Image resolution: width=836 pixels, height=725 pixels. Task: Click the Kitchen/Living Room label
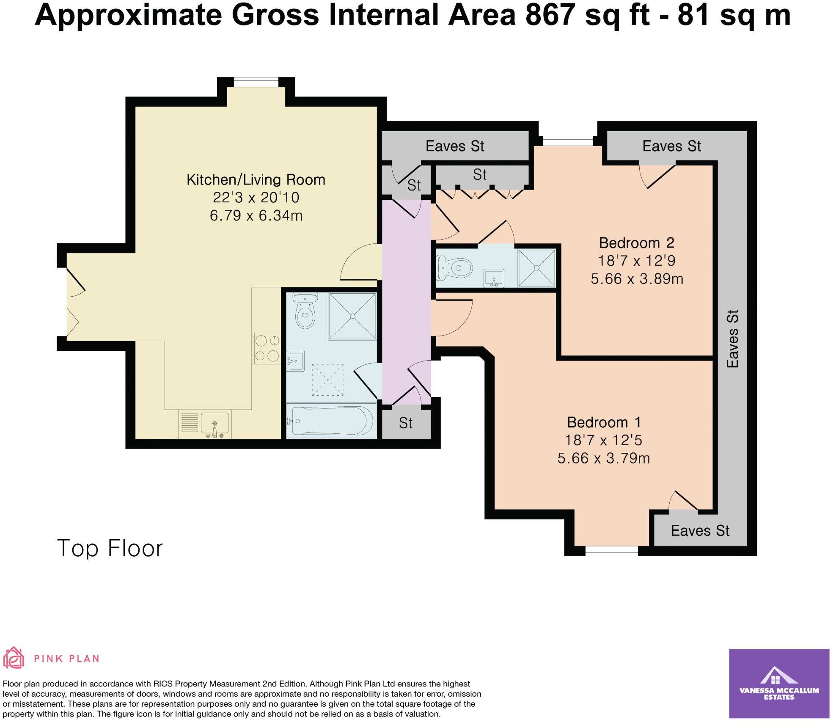point(256,180)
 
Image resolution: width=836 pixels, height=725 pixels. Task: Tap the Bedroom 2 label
point(637,243)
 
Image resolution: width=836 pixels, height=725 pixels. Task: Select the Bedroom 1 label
point(604,422)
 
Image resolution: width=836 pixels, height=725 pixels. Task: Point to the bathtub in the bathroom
point(331,421)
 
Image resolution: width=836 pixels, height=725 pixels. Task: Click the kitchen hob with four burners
point(267,348)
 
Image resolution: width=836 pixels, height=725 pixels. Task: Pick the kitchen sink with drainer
point(205,424)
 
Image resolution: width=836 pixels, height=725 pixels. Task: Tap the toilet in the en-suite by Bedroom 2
point(454,268)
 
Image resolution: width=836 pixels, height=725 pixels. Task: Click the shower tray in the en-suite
point(536,268)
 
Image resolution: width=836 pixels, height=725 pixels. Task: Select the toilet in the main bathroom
point(304,311)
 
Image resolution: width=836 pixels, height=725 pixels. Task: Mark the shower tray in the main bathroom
point(352,316)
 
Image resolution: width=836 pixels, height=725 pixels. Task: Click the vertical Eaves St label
point(732,339)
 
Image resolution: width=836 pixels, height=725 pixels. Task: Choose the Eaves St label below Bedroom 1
point(700,531)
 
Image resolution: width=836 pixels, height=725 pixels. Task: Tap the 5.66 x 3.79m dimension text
point(604,458)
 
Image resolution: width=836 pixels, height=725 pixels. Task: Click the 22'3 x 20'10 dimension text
point(256,198)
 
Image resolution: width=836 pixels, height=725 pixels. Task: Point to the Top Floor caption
point(110,549)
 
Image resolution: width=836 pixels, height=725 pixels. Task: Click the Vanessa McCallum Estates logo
point(779,684)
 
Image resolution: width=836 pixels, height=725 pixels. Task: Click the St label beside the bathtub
point(406,423)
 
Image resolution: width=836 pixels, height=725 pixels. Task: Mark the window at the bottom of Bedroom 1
point(612,551)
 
